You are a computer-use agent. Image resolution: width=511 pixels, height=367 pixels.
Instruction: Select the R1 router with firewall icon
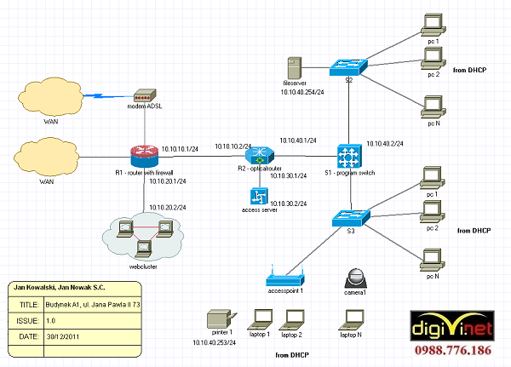(145, 156)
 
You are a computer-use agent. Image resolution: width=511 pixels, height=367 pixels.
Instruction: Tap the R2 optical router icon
(258, 156)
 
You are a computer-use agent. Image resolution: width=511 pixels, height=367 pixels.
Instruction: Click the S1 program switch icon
(350, 156)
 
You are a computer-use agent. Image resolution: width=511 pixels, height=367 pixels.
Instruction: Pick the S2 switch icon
(348, 66)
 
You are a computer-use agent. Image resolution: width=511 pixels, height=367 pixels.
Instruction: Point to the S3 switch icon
(349, 217)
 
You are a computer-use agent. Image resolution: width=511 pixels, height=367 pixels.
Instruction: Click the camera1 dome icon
(355, 278)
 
